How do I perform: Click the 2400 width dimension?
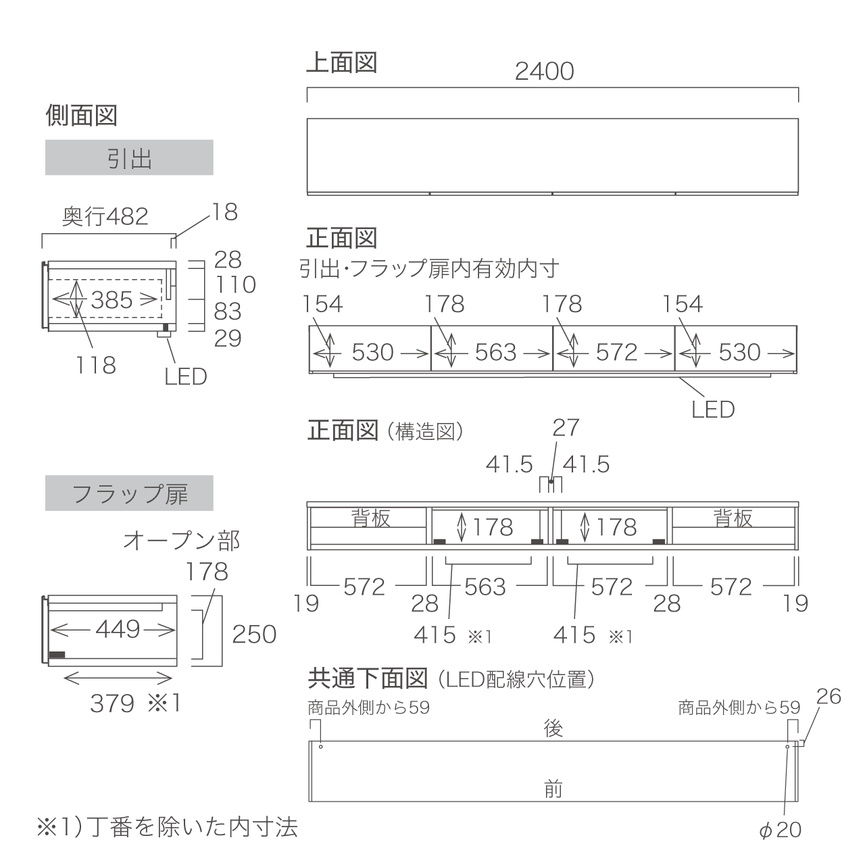pos(544,72)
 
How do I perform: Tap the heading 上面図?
pos(341,62)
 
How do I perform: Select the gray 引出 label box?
pos(129,157)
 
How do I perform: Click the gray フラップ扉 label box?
pos(129,493)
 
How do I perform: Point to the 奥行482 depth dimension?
pos(105,217)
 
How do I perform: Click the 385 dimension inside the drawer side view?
pos(112,300)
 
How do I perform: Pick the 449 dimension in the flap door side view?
pos(118,629)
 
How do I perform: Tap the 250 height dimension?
pos(254,635)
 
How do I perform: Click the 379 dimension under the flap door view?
pos(112,703)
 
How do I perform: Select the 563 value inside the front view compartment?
pos(495,352)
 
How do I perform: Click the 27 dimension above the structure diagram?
pos(566,428)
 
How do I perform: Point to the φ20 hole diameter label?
pos(780,830)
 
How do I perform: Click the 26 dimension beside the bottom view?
pos(829,697)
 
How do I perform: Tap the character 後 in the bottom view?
pos(553,728)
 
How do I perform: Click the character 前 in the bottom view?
pos(553,789)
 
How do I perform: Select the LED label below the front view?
pos(713,410)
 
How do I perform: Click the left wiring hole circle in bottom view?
pos(320,747)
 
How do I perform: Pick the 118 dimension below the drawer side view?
pos(95,365)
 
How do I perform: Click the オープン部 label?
pos(181,541)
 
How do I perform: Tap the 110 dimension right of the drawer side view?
pos(235,285)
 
